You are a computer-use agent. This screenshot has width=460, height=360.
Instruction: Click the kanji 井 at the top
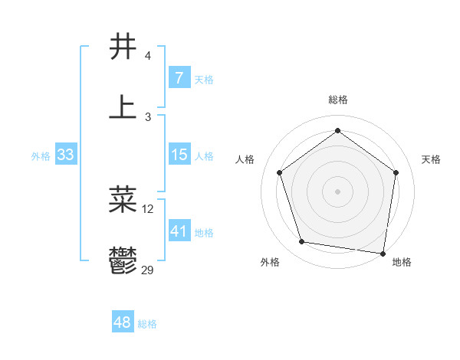[123, 47]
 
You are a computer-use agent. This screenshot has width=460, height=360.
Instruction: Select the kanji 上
[123, 106]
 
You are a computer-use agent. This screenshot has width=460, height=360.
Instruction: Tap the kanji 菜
[123, 198]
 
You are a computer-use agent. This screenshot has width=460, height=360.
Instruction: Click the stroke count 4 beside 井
[147, 56]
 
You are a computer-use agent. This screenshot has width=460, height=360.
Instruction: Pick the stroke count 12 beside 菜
[148, 208]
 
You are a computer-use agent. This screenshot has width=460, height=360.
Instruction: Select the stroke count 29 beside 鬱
[148, 270]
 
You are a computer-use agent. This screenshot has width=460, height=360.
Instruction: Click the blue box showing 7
[179, 78]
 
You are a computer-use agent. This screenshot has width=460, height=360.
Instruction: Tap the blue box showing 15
[179, 155]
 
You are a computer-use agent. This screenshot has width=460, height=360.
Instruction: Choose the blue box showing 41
[179, 231]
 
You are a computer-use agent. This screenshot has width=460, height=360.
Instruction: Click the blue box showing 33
[65, 155]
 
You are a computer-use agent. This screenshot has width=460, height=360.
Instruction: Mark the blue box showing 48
[122, 322]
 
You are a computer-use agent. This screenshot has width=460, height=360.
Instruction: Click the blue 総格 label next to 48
[147, 324]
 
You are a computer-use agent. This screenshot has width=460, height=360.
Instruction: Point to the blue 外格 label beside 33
[41, 156]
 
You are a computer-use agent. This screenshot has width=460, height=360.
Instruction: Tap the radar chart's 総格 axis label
[338, 100]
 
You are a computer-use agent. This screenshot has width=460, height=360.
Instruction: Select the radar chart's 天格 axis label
[432, 159]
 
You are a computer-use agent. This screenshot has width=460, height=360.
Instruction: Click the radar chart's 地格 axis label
[402, 262]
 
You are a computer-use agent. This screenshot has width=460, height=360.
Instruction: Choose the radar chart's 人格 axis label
[245, 159]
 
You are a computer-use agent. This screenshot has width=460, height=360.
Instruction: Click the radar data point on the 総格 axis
[338, 131]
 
